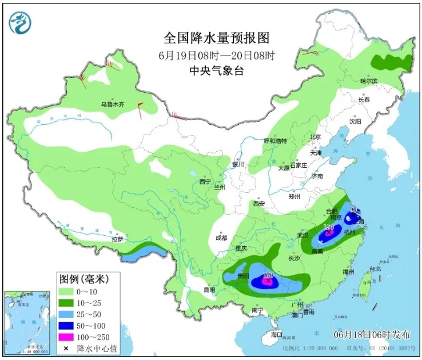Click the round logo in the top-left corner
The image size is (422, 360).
(x=20, y=21)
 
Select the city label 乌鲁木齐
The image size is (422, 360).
(x=112, y=104)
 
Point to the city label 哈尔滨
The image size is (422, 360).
(x=369, y=81)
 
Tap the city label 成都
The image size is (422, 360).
(x=221, y=238)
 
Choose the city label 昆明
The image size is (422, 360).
(x=210, y=290)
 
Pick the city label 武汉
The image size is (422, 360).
(x=303, y=235)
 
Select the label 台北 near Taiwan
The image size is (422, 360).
(x=375, y=268)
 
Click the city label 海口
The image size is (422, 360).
(x=277, y=334)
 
